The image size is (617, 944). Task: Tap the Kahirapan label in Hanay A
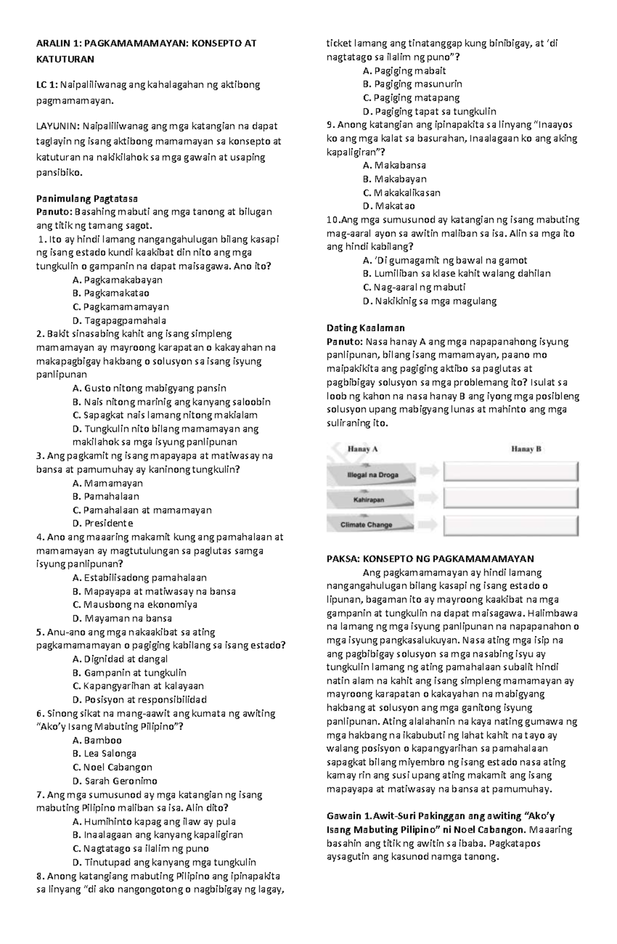tap(369, 500)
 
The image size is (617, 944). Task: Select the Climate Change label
tap(366, 525)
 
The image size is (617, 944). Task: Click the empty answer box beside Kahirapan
tap(511, 498)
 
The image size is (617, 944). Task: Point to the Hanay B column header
tap(526, 449)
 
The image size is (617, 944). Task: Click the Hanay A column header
tap(362, 449)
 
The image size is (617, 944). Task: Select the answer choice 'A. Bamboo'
tap(97, 740)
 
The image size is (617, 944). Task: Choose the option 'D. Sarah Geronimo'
tap(115, 781)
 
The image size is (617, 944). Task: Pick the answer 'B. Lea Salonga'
tap(104, 754)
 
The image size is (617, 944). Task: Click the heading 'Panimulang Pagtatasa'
tap(87, 199)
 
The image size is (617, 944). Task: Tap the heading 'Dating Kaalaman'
tap(366, 328)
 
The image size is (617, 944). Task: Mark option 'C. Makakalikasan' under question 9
tap(401, 193)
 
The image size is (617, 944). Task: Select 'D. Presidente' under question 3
tap(103, 524)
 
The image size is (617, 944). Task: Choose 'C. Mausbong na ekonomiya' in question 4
tap(135, 605)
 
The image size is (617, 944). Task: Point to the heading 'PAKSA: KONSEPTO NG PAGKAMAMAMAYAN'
tap(430, 559)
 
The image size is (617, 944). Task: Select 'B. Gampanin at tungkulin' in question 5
tap(130, 673)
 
